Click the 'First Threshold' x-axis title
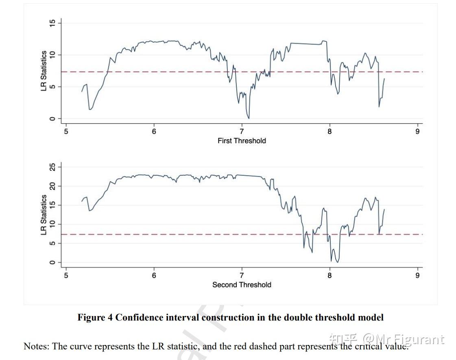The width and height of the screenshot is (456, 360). (x=242, y=141)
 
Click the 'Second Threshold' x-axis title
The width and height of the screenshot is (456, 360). (x=242, y=285)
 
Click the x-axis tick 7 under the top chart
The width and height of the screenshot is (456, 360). (x=242, y=131)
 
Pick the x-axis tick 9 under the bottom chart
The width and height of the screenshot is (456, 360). (x=417, y=275)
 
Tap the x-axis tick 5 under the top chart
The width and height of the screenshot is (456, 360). (x=66, y=131)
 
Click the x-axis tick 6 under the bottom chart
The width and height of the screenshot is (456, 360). (x=154, y=275)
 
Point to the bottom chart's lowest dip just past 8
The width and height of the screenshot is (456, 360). (x=337, y=262)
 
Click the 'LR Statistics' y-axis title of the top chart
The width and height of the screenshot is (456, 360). (x=44, y=71)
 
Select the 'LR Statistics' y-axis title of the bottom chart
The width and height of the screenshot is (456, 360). (x=44, y=215)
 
